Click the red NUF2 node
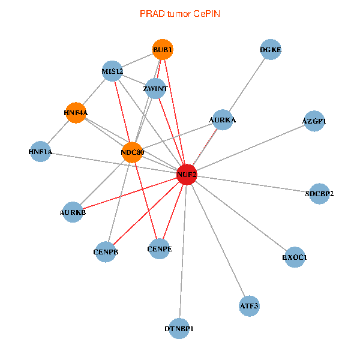(187, 174)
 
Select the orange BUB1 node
(163, 49)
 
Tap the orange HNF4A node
(76, 112)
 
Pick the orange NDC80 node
(132, 152)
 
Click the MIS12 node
(112, 71)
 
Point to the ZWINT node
(155, 89)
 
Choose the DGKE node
(271, 50)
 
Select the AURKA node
(223, 120)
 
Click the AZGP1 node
(314, 121)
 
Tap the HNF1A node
(40, 152)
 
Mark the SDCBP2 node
(319, 193)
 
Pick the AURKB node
(73, 212)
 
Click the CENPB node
(106, 252)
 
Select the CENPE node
(159, 248)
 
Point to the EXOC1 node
(295, 257)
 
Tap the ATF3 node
(249, 305)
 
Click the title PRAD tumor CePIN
(180, 13)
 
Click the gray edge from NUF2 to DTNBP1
(183, 252)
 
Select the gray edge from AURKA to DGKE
(247, 85)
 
